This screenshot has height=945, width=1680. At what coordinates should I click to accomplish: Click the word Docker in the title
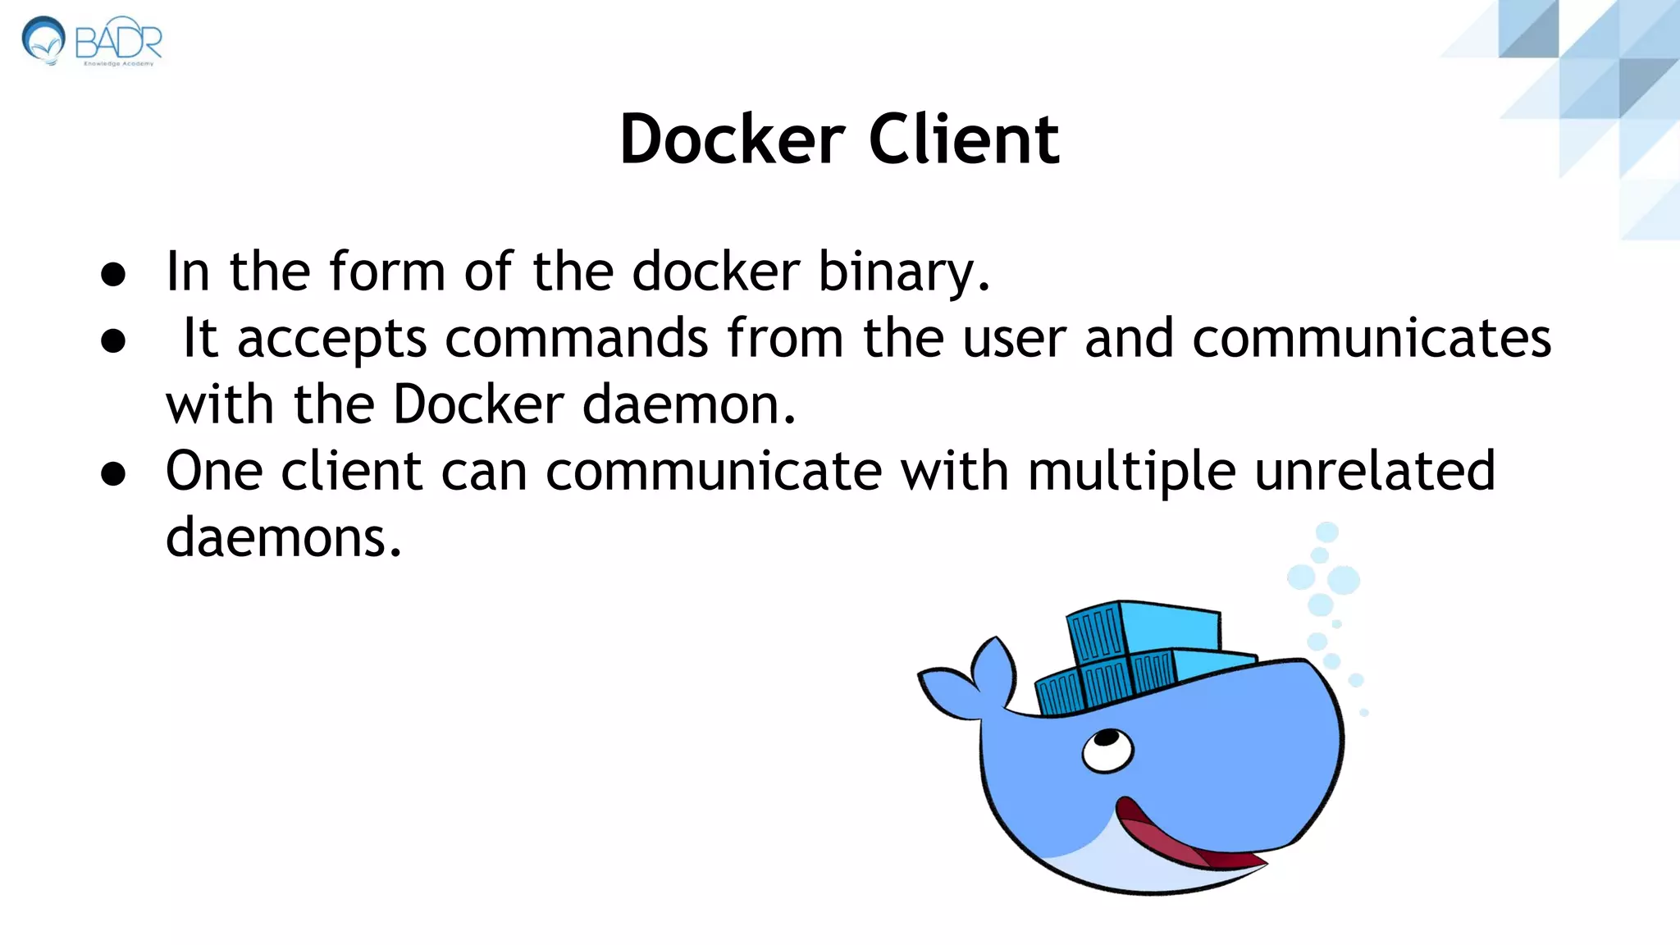[732, 139]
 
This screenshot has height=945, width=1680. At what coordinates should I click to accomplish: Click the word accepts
[331, 340]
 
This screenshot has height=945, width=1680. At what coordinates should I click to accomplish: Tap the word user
[1014, 340]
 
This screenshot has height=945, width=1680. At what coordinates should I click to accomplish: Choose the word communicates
[1372, 338]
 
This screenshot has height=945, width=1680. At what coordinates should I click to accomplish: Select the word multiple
[1131, 472]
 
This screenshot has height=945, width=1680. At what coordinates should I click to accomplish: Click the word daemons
[283, 538]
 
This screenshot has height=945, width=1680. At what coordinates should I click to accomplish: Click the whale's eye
[1107, 749]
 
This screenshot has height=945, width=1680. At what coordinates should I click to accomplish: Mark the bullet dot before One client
[113, 473]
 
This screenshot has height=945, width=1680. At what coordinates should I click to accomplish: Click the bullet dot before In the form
[113, 274]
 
